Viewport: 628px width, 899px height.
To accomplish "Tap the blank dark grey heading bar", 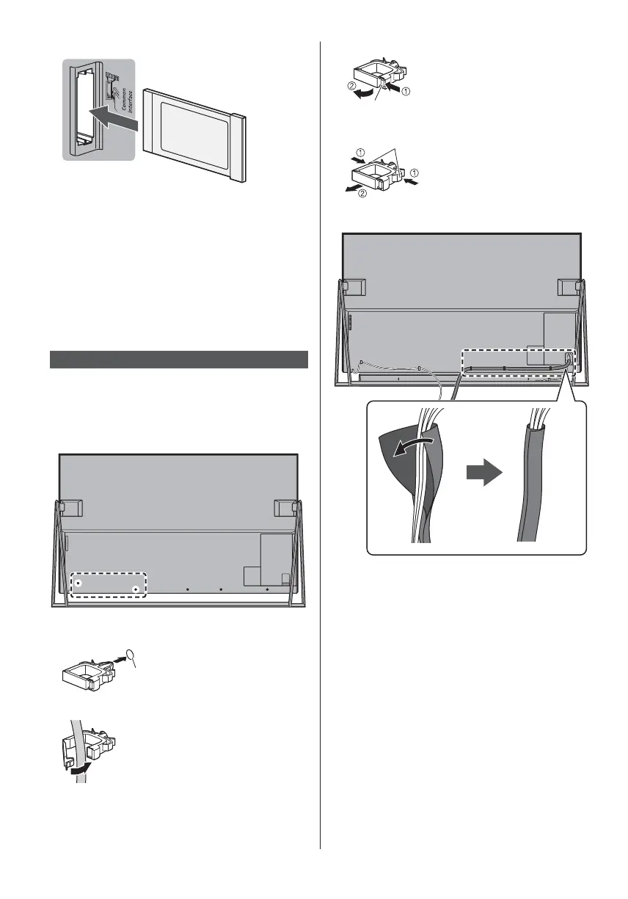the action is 178,360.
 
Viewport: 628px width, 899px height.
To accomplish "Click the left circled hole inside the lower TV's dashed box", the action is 78,583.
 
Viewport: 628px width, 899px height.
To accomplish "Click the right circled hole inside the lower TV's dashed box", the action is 135,589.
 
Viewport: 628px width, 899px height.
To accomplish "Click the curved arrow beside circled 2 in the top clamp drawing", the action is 365,94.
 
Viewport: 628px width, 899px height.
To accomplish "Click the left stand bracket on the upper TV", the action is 353,286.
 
